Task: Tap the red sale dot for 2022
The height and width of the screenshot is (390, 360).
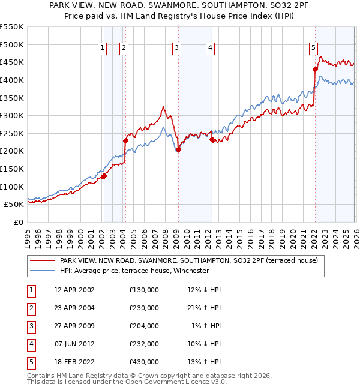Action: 315,69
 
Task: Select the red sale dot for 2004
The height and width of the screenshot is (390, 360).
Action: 125,140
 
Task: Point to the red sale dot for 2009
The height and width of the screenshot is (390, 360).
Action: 178,150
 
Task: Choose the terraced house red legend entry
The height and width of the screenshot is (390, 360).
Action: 192,260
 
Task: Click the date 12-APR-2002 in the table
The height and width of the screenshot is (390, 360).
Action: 74,290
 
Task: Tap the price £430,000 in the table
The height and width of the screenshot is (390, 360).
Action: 143,362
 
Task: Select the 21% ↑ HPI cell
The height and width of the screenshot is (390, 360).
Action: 203,308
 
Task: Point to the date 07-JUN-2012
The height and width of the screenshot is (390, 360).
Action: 74,344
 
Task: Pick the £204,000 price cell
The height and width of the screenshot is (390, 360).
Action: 143,326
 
